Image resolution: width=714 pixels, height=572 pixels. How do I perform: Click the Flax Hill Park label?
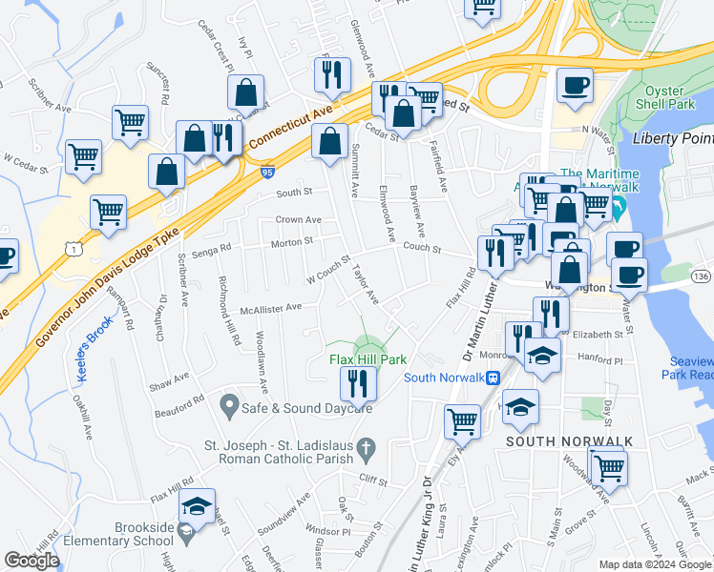tap(368, 360)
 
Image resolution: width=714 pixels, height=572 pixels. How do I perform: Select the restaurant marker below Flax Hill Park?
tap(358, 384)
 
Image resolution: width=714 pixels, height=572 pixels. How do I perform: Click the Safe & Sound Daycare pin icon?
tap(228, 407)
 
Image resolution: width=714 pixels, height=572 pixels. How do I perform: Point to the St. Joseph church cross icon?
tap(365, 447)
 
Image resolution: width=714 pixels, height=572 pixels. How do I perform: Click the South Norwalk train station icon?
tap(493, 378)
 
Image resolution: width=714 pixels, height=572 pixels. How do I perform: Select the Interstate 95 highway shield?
tap(266, 173)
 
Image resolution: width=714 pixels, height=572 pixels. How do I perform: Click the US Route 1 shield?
tap(73, 247)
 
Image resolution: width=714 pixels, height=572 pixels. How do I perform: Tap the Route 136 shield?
tap(700, 276)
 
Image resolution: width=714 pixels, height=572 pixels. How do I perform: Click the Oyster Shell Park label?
tap(670, 98)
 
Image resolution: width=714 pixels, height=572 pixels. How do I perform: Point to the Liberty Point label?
tap(672, 138)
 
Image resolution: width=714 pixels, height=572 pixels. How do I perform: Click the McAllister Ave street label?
tap(271, 308)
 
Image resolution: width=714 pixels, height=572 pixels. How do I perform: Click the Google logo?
tap(31, 561)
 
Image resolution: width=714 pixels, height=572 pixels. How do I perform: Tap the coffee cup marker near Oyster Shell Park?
tap(575, 85)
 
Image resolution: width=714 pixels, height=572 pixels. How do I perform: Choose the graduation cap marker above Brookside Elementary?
tap(197, 505)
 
